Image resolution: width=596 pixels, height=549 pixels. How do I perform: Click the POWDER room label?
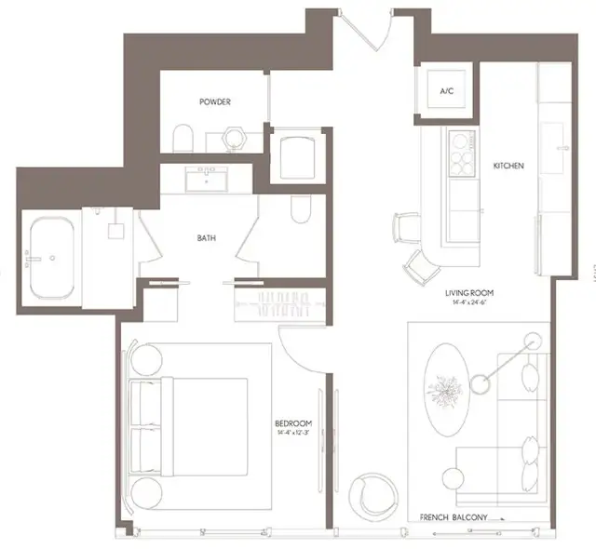[x=214, y=101]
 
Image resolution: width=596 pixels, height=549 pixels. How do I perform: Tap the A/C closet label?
[x=446, y=91]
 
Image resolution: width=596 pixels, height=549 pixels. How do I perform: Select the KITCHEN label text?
[x=508, y=167]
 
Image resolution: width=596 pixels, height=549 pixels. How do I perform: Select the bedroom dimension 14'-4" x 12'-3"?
[x=293, y=433]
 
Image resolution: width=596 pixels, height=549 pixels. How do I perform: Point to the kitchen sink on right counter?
[x=561, y=147]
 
